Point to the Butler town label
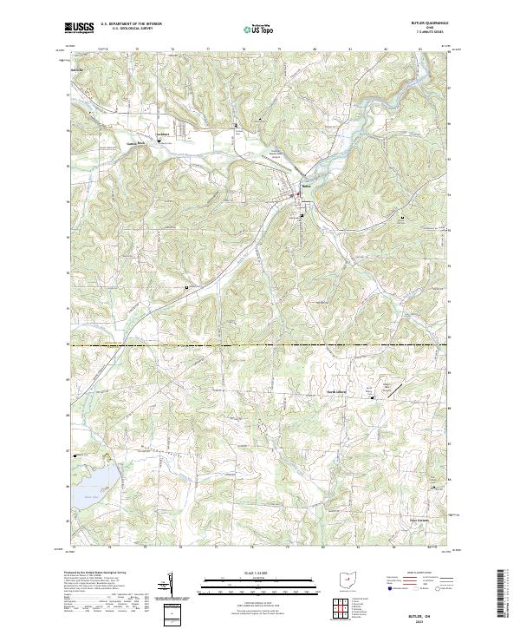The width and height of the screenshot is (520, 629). (x=305, y=186)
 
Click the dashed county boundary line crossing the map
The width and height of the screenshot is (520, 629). (x=260, y=345)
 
